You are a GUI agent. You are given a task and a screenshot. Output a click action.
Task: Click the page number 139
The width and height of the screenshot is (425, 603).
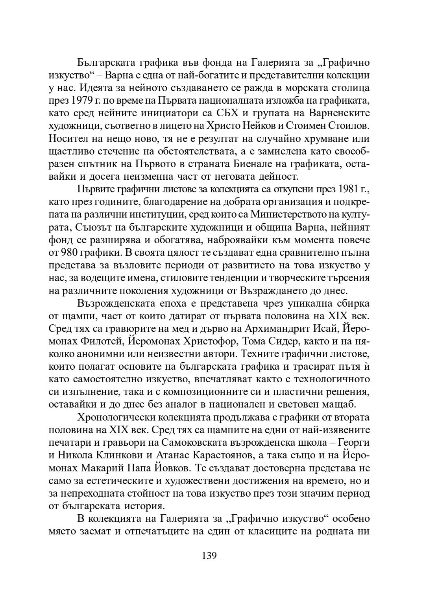coord(209,556)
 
